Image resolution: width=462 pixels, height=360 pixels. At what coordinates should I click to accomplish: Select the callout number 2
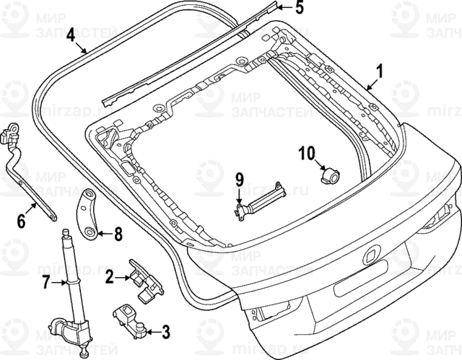click(x=108, y=276)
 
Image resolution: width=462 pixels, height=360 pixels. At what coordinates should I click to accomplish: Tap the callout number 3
click(x=165, y=332)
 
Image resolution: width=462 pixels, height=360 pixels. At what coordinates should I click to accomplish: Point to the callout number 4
click(x=70, y=34)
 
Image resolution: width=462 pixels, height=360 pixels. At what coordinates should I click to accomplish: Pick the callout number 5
click(x=299, y=9)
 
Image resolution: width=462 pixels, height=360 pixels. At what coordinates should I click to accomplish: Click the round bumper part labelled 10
click(x=331, y=173)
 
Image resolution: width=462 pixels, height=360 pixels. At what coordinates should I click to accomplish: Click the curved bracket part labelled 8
click(x=89, y=214)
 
